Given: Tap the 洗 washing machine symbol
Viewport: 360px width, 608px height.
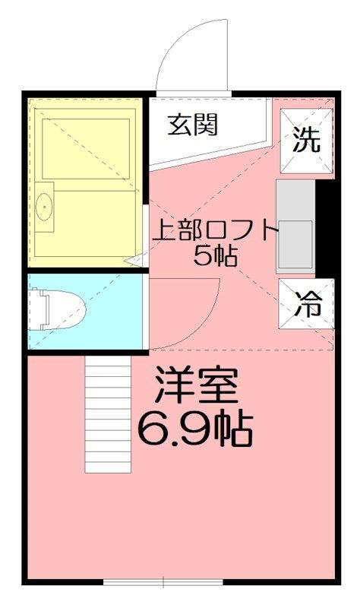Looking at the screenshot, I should point(307,140).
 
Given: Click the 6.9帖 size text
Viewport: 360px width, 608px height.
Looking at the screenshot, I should point(194,430).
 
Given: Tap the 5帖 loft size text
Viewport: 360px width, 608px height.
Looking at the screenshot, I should point(215,256).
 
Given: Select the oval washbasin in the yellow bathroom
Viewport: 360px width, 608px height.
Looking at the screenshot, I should point(43,205).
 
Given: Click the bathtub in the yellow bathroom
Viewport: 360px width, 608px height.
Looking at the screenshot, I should point(85,147).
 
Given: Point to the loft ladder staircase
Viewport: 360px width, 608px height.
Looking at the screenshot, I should point(108,414).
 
